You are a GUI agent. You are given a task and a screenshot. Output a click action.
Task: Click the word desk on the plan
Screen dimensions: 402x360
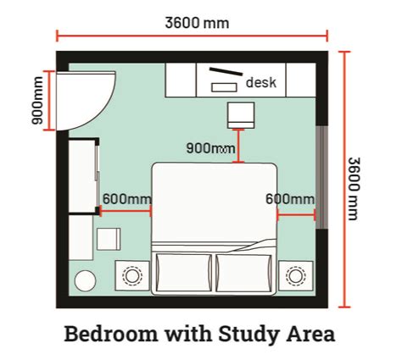tap(261, 82)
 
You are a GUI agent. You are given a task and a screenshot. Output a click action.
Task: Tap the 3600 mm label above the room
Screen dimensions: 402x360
tap(197, 23)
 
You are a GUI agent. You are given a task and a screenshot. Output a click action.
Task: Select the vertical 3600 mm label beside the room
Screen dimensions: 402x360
tap(354, 189)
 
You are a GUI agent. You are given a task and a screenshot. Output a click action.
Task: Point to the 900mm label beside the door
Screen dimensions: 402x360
tap(37, 100)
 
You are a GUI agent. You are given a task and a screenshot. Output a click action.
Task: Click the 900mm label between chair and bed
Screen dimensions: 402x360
tap(210, 148)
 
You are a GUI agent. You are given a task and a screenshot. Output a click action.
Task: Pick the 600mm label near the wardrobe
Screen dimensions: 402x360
tap(127, 199)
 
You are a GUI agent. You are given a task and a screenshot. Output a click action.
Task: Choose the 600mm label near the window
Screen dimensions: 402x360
tap(290, 199)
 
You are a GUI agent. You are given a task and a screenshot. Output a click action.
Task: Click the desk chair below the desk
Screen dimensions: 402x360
tap(241, 115)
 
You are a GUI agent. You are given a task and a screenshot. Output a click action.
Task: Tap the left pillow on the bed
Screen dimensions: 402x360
tap(184, 273)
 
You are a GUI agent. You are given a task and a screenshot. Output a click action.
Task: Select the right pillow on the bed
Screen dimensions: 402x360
tap(243, 273)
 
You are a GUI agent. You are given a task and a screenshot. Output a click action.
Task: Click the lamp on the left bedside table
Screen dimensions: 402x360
tap(132, 275)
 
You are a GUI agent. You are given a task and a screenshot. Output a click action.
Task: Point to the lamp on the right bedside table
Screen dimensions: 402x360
tap(296, 275)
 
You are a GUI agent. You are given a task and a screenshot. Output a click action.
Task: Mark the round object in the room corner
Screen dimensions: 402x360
tap(85, 280)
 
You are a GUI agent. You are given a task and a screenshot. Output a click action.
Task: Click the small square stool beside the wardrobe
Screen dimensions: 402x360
tap(109, 239)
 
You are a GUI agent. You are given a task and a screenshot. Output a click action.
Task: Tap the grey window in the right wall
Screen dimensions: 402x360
tap(321, 177)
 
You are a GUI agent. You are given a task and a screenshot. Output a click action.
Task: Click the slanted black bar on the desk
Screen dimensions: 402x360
tap(226, 71)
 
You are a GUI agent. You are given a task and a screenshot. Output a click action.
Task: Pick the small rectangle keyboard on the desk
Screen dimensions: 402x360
tap(224, 87)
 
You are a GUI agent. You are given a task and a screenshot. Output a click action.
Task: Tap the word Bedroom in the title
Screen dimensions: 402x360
tap(111, 334)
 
